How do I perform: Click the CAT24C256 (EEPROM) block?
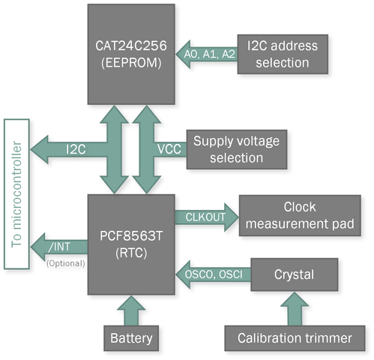click(131, 54)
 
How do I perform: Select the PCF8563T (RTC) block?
click(131, 244)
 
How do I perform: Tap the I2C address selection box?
click(283, 54)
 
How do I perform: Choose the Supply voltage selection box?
click(237, 149)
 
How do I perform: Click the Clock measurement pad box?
click(300, 215)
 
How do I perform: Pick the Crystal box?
click(295, 274)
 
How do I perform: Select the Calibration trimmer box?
click(295, 338)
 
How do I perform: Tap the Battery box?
click(131, 338)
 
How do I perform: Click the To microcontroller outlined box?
click(16, 194)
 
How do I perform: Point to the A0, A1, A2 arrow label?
click(210, 54)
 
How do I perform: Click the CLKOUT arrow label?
click(205, 217)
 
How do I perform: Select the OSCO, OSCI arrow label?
click(214, 274)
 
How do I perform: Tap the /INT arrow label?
click(59, 247)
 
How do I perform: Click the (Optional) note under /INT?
click(66, 263)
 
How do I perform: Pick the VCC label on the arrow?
click(169, 149)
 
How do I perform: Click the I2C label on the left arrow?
click(76, 149)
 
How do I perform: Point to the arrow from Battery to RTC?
click(131, 310)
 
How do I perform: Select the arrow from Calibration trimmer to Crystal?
click(295, 309)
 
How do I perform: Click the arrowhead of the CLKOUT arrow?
click(232, 217)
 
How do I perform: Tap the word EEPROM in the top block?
click(131, 63)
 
